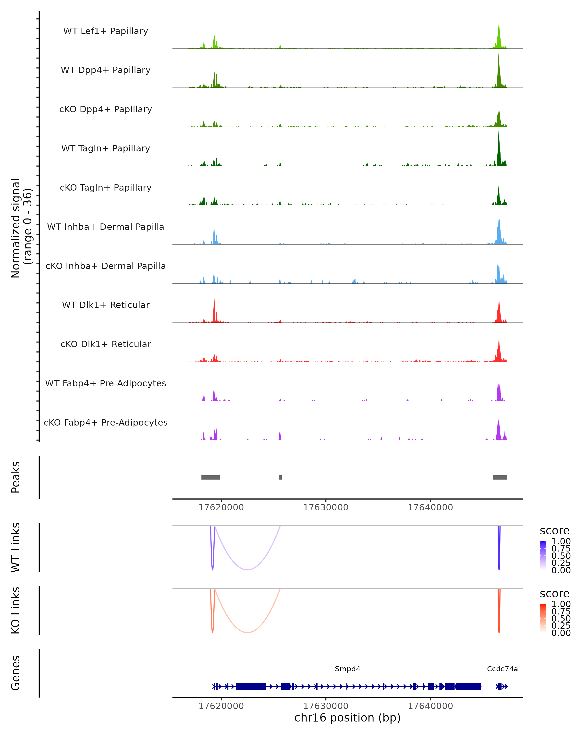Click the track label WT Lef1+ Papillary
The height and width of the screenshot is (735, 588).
pos(106,31)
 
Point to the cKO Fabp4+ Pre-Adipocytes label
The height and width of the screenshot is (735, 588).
pos(106,422)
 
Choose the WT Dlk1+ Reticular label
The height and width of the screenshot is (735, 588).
pos(106,305)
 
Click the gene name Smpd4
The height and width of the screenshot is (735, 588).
pos(347,669)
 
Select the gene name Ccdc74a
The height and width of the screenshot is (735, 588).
pos(502,669)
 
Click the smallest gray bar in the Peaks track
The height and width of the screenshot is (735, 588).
pos(280,477)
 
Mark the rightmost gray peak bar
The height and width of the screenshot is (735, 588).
pos(500,477)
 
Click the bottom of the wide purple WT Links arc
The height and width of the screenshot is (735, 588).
pos(247,570)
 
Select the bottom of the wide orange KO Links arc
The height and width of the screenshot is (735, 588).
pos(247,632)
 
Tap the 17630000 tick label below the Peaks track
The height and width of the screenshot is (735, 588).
pos(326,508)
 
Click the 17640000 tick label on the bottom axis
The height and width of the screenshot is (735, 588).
pos(430,706)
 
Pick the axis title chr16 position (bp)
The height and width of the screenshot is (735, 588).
pos(347,718)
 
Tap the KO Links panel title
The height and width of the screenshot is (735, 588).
pos(16,610)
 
